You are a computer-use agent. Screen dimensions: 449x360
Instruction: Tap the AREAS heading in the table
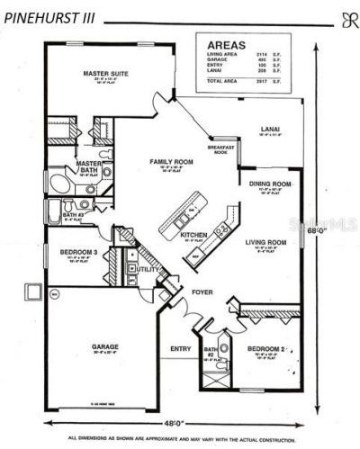pyautogui.click(x=224, y=43)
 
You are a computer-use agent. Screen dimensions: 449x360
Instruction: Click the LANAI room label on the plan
pyautogui.click(x=269, y=129)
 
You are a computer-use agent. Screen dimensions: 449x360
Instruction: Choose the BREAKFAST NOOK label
pyautogui.click(x=221, y=149)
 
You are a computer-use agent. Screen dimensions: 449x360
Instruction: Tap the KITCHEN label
pyautogui.click(x=194, y=234)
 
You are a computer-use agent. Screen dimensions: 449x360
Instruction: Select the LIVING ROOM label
pyautogui.click(x=267, y=242)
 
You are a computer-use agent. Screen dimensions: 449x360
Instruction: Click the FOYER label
pyautogui.click(x=202, y=293)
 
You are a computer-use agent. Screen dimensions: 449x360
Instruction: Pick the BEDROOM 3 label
pyautogui.click(x=79, y=252)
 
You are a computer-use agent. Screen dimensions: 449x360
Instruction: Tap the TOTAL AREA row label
pyautogui.click(x=222, y=81)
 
